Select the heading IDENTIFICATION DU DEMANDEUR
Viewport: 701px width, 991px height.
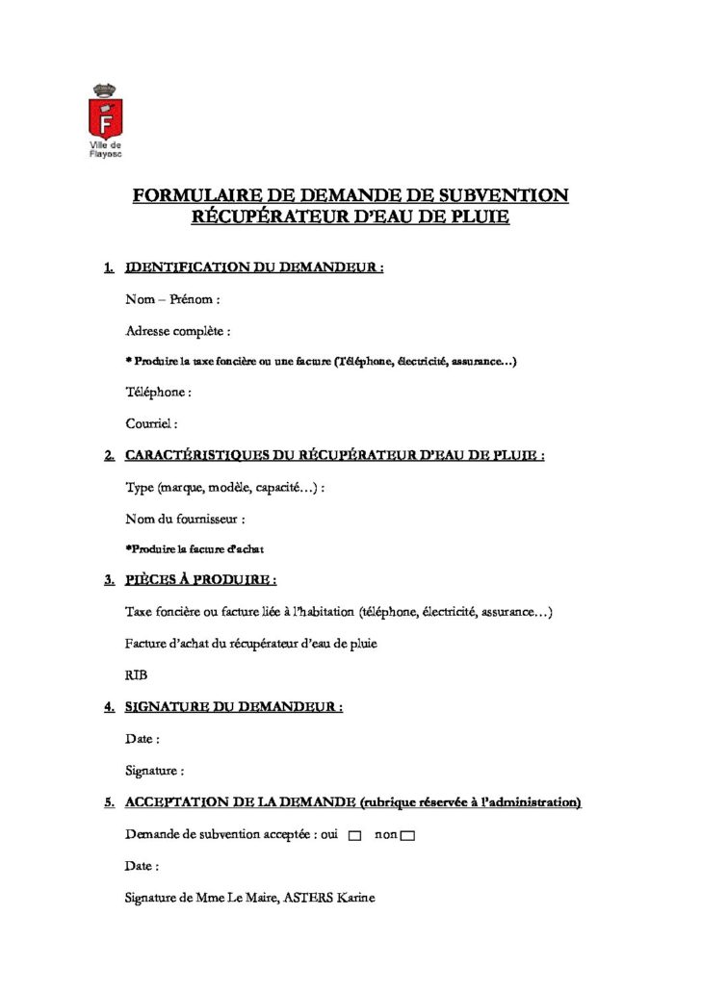(x=254, y=267)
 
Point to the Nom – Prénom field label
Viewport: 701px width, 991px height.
(x=173, y=299)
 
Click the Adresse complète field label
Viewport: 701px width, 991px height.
(x=178, y=331)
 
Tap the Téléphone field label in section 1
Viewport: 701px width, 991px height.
(x=158, y=392)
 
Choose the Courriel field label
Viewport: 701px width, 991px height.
(x=152, y=422)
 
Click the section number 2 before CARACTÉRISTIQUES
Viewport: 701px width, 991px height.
(x=110, y=455)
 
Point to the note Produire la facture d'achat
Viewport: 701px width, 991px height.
(x=195, y=549)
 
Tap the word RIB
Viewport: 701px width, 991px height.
(x=137, y=675)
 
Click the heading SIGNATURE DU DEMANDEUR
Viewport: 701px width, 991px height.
(x=234, y=707)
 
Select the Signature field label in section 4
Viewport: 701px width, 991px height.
(x=155, y=770)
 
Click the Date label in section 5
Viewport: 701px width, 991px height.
(x=143, y=866)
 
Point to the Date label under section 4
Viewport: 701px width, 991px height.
(x=143, y=739)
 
